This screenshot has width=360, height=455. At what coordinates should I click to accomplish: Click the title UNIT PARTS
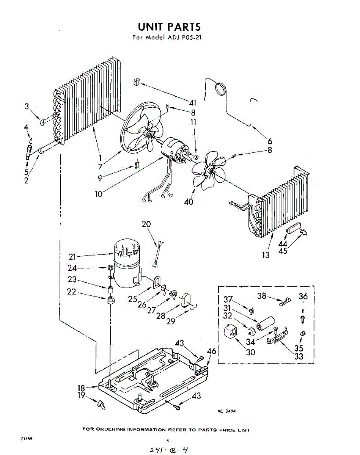169,27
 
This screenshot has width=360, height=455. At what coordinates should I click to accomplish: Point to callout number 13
266,255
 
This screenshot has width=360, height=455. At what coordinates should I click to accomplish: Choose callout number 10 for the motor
98,194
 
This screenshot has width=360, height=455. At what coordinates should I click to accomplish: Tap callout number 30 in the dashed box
250,352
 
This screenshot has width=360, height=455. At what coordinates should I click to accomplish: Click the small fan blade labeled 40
207,173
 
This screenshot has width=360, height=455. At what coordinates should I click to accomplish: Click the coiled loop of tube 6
220,89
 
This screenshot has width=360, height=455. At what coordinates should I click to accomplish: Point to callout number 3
27,107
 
